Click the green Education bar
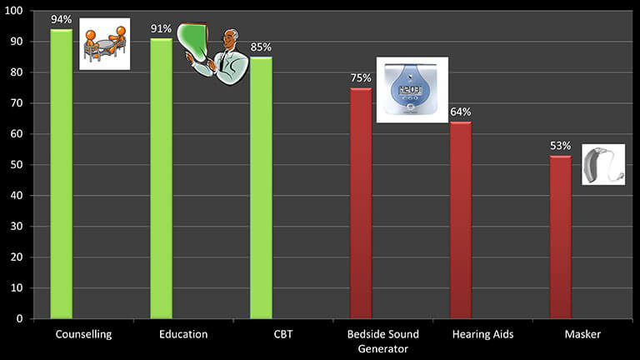click(x=161, y=178)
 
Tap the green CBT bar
click(x=261, y=187)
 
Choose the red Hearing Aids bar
click(x=461, y=220)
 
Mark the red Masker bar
click(x=561, y=237)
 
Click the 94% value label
click(x=61, y=20)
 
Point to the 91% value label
click(x=161, y=29)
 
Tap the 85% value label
click(x=261, y=47)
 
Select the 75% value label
click(x=361, y=78)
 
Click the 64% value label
click(x=461, y=112)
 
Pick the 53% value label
click(x=561, y=145)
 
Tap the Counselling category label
click(x=83, y=335)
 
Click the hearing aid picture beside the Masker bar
click(x=602, y=164)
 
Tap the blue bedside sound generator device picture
click(x=412, y=90)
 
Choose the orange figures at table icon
click(x=104, y=43)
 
